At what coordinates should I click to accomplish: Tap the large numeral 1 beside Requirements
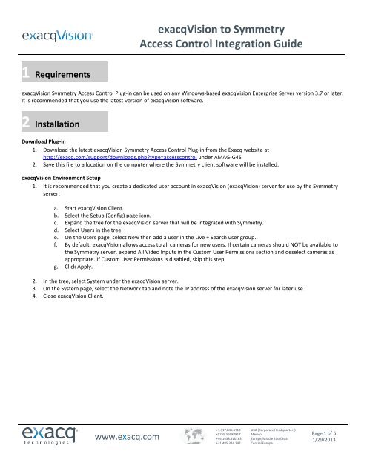(x=25, y=73)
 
